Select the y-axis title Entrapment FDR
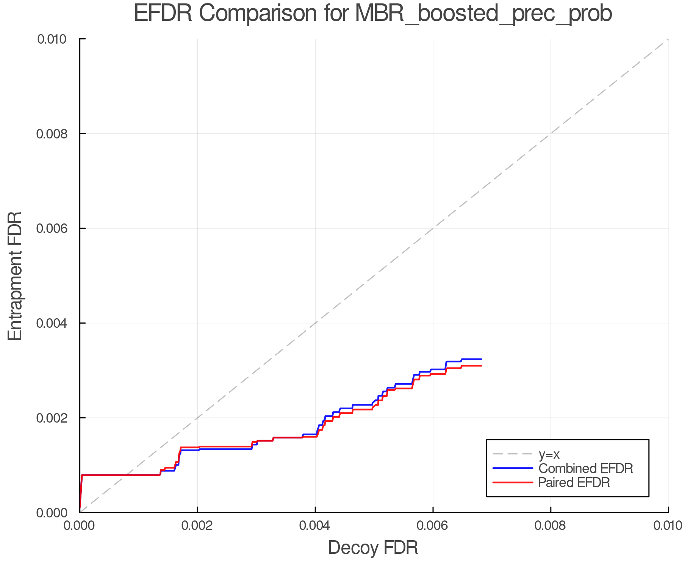pos(15,276)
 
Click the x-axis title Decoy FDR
pos(373,548)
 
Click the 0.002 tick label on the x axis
pos(197,526)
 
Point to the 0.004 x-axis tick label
pos(315,526)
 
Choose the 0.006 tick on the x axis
pos(433,526)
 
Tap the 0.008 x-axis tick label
pos(551,526)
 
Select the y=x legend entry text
pos(549,454)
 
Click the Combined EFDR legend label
pos(586,468)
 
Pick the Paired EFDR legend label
pos(574,483)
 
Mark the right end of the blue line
pos(481,359)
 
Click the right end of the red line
pos(481,366)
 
